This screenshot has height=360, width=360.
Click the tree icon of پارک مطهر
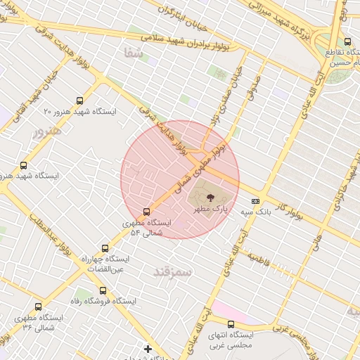[x=212, y=198]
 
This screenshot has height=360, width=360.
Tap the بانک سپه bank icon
[x=255, y=201]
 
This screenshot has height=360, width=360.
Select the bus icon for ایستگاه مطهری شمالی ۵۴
[x=146, y=212]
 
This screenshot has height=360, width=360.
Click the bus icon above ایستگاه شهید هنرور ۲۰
[x=79, y=101]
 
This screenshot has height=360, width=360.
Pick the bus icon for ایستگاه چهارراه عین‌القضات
[x=105, y=248]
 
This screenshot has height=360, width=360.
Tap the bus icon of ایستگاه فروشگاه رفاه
[x=103, y=290]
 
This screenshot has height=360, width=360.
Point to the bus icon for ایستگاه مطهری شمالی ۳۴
[x=38, y=307]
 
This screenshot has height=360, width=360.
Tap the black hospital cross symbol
[x=148, y=348]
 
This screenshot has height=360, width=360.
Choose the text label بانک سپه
[x=255, y=211]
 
